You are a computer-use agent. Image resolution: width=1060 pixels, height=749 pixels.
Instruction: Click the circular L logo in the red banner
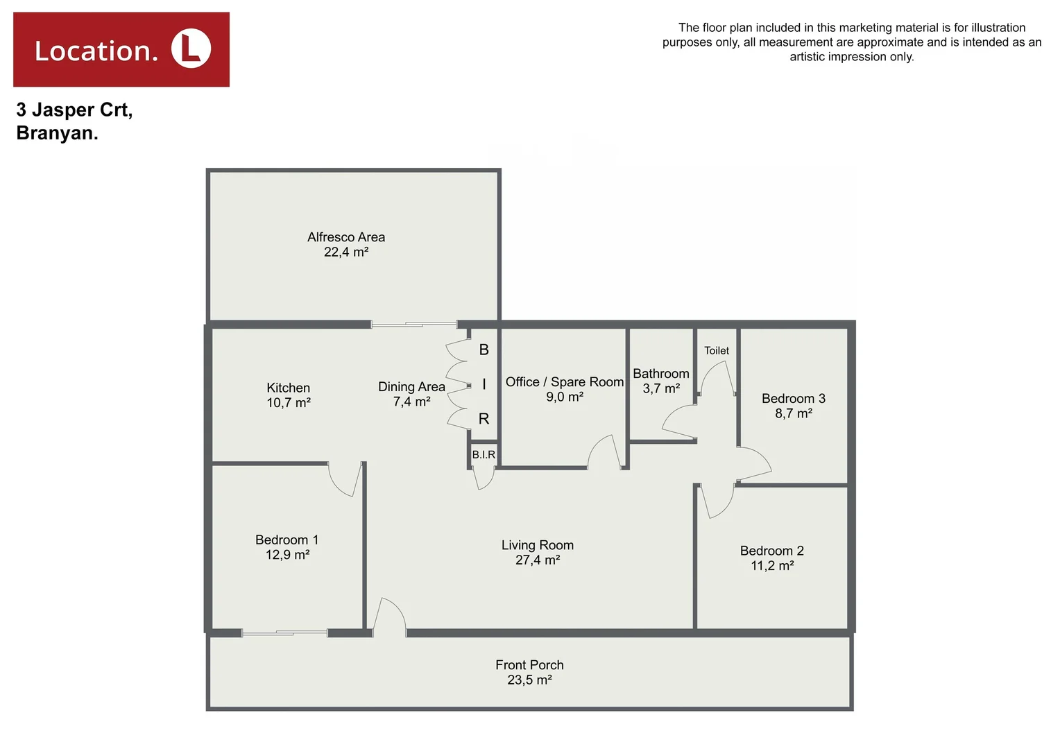[191, 49]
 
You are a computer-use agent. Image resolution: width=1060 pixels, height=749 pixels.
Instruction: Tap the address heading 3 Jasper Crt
[74, 110]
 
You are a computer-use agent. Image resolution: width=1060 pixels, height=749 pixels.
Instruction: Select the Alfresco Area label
[346, 237]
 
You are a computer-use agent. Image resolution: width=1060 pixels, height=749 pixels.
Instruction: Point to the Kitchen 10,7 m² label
[289, 395]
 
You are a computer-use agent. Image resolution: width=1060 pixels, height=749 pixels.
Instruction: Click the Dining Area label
[411, 387]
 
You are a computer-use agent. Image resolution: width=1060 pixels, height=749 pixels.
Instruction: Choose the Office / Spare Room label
[565, 382]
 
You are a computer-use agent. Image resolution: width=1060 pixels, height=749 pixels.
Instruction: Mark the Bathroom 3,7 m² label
[661, 381]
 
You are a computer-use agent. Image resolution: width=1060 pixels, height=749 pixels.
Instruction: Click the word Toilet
[717, 351]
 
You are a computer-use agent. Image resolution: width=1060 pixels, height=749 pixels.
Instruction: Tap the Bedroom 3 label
[794, 399]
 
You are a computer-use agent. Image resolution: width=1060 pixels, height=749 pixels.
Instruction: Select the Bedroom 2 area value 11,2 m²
[772, 566]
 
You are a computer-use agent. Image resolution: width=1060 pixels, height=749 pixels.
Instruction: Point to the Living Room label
[538, 546]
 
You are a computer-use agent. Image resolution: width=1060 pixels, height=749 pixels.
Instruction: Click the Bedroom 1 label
[287, 540]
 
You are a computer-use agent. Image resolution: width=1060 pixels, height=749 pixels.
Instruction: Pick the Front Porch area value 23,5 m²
[529, 680]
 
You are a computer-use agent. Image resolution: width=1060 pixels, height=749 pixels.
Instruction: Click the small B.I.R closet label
[484, 455]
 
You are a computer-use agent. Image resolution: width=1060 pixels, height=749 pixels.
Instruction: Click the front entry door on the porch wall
[389, 617]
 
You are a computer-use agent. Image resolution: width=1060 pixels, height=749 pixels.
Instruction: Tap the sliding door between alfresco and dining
[414, 324]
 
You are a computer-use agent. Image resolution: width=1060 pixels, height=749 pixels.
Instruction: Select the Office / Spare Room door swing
[604, 453]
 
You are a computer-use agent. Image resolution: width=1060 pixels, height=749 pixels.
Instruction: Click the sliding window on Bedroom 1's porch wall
[284, 632]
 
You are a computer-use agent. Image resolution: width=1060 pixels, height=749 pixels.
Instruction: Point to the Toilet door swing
[717, 379]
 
